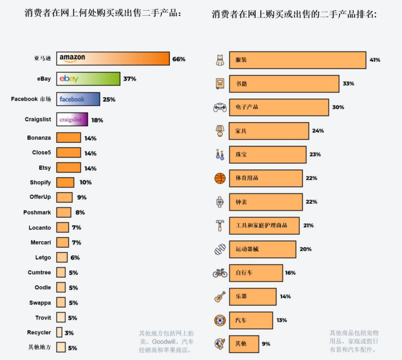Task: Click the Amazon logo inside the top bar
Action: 72,58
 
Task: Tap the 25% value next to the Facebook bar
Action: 109,100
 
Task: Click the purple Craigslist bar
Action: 72,120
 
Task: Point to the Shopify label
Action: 40,182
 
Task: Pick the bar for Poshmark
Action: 64,212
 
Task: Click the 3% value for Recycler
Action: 69,333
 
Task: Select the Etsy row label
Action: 45,167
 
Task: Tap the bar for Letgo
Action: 62,258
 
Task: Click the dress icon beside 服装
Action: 220,60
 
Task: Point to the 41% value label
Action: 375,60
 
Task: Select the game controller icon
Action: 220,107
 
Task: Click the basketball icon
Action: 220,178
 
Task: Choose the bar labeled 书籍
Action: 284,84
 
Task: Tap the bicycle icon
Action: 220,273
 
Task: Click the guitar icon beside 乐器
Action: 220,296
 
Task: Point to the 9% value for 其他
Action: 266,344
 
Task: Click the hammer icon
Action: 220,225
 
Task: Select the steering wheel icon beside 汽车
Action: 220,320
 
